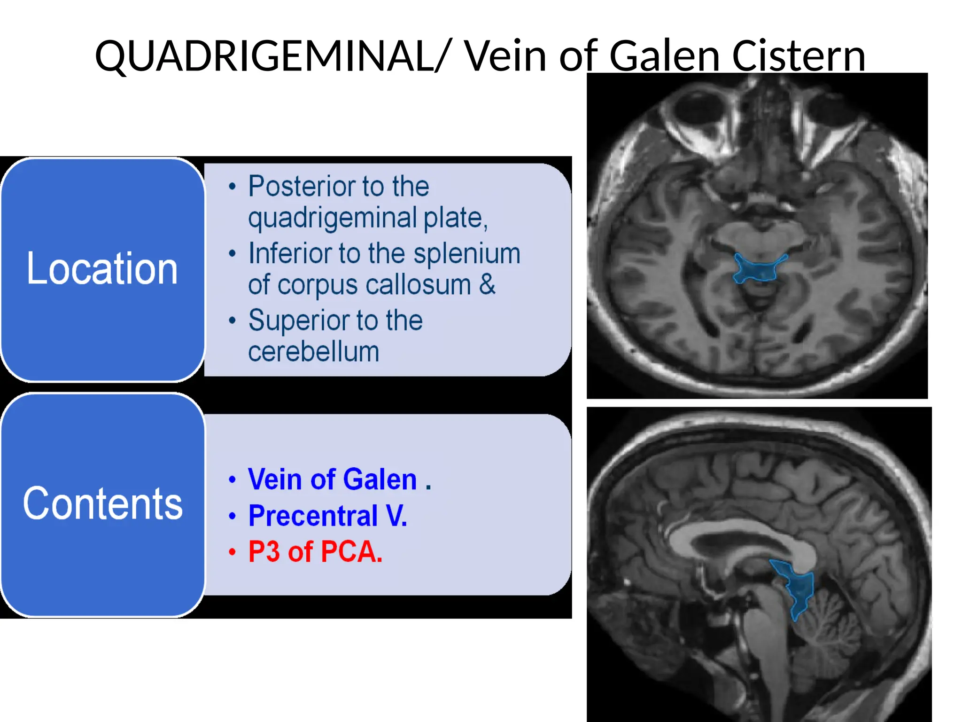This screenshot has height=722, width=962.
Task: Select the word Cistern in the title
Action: click(799, 56)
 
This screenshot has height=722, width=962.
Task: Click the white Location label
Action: click(102, 269)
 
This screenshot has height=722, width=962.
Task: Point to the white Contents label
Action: click(102, 504)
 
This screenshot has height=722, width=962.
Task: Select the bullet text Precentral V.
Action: click(327, 516)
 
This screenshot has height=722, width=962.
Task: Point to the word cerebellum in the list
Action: click(313, 352)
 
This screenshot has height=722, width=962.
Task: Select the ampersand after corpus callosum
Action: click(487, 284)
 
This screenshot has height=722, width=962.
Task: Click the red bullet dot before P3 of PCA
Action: click(232, 551)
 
